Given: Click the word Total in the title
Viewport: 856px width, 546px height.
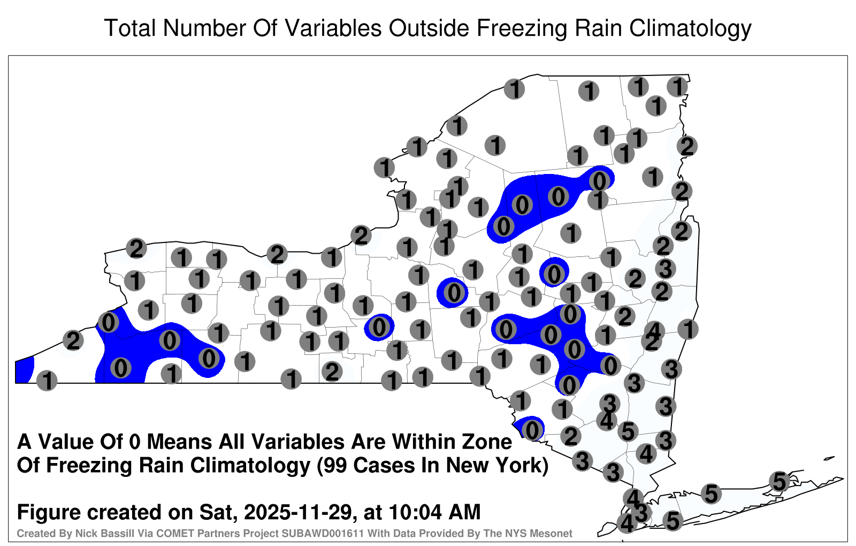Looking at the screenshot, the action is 130,28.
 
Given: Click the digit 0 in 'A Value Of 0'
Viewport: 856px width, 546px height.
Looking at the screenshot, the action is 134,442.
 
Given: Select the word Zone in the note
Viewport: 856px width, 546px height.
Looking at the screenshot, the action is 487,442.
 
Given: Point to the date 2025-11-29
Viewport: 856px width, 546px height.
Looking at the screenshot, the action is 297,512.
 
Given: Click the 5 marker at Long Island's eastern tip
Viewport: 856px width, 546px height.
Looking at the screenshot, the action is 779,481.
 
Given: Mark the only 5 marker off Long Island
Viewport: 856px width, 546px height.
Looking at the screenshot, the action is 628,431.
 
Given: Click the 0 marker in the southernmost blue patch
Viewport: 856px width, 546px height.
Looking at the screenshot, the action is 532,430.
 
